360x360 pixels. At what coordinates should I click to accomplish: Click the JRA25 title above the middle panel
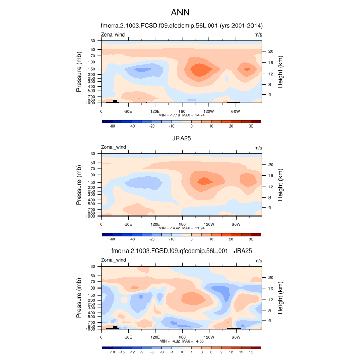click(180, 138)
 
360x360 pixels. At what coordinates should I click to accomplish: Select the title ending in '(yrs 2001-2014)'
click(180, 25)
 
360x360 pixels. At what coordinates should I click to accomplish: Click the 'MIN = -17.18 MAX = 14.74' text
click(182, 116)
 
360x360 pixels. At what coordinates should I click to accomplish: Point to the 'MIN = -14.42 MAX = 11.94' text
click(182, 228)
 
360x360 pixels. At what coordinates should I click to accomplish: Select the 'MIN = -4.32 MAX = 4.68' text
click(182, 340)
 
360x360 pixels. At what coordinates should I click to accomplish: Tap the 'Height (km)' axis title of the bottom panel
click(281, 297)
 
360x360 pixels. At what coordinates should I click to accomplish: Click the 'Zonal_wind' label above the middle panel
click(113, 147)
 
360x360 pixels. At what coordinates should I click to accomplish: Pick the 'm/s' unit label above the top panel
click(258, 34)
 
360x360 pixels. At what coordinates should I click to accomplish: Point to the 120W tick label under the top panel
click(209, 111)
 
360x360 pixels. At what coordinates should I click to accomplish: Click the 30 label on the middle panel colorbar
click(251, 239)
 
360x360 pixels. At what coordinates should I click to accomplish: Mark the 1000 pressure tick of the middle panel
click(93, 216)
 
